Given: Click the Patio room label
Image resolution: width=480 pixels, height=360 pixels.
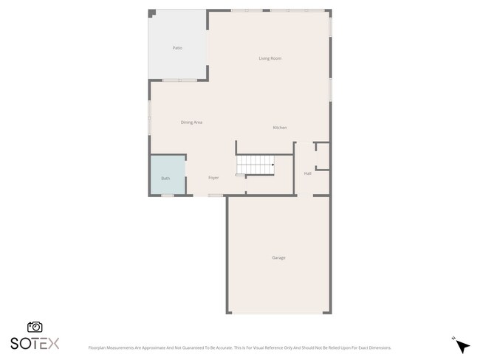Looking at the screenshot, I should (x=177, y=48).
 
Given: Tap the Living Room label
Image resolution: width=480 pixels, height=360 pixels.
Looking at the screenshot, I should (x=270, y=58).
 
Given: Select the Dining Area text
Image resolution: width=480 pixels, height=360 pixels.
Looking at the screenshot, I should (x=191, y=122).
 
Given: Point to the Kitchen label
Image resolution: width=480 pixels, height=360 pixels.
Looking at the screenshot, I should (x=280, y=128).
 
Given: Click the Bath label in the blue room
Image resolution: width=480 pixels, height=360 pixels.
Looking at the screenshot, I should (x=165, y=178).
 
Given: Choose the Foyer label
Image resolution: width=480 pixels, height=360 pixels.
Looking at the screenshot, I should (x=213, y=178).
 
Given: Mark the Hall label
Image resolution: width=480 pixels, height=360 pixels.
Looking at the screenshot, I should (x=307, y=173).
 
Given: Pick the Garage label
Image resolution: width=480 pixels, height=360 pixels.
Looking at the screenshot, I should (x=278, y=257).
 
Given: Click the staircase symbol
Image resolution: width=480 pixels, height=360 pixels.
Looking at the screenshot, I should (x=255, y=165).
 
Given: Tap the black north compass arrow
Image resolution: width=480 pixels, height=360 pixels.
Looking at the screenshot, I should (x=463, y=346).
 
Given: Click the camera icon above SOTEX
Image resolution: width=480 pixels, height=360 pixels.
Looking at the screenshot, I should (x=35, y=327).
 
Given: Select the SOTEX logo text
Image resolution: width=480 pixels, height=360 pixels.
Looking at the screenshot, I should (x=35, y=343).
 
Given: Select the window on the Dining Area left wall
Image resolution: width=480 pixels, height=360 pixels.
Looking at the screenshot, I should (x=150, y=118).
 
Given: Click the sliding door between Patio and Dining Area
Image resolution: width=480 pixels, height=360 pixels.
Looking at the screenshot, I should (x=179, y=80).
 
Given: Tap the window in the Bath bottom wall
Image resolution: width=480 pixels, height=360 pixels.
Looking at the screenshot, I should (x=168, y=195).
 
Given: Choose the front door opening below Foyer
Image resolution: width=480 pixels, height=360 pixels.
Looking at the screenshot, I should (x=215, y=195).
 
